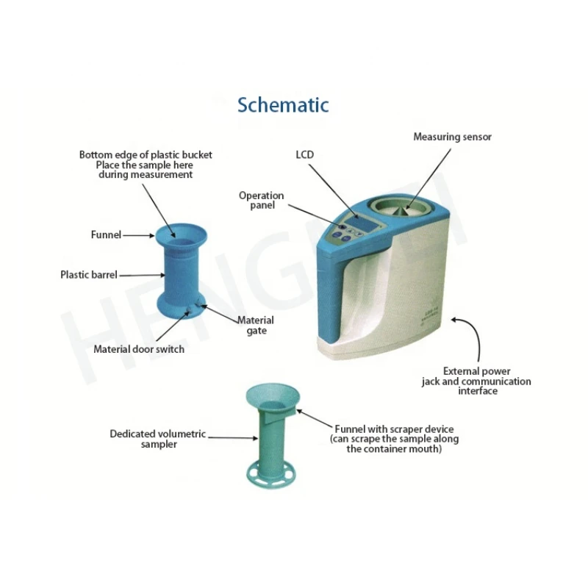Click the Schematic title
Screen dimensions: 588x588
click(x=283, y=104)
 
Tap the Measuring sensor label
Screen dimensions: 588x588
click(x=452, y=137)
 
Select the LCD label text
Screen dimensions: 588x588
click(x=305, y=155)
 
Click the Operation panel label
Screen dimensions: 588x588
click(x=261, y=200)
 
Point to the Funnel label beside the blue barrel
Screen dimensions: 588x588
click(x=106, y=235)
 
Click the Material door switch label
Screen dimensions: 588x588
click(x=139, y=349)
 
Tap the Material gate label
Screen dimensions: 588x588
click(x=256, y=326)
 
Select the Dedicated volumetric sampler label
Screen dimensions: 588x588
click(x=158, y=439)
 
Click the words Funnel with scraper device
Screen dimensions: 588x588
click(x=394, y=429)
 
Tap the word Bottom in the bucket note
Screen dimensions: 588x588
click(x=95, y=155)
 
